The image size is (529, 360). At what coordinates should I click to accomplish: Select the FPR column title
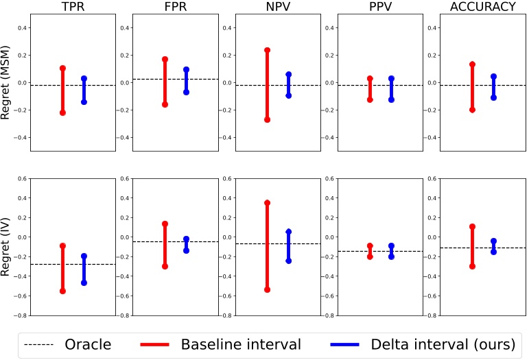pos(175,6)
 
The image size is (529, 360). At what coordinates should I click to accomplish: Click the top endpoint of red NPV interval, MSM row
pos(267,50)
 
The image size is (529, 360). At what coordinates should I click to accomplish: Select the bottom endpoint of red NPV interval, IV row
pos(267,289)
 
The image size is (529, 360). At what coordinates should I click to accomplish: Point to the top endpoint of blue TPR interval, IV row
pos(84,256)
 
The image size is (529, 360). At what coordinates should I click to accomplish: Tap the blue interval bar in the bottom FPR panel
pos(186,245)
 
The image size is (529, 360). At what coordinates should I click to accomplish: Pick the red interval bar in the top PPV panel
pos(370,89)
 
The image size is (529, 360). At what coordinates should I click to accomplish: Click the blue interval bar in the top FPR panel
pos(186,81)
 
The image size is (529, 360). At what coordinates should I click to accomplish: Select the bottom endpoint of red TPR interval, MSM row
pos(62,112)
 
